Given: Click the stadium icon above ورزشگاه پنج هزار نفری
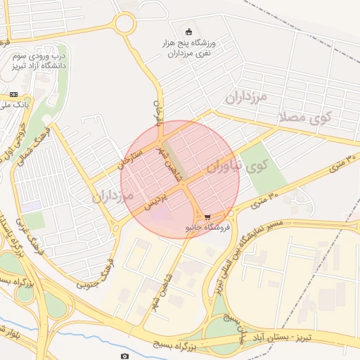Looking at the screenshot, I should pyautogui.click(x=188, y=32).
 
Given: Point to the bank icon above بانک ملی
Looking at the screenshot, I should pyautogui.click(x=13, y=94).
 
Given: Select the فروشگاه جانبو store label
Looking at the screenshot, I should pyautogui.click(x=203, y=228).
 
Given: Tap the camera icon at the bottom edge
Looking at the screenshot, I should pyautogui.click(x=124, y=356).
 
